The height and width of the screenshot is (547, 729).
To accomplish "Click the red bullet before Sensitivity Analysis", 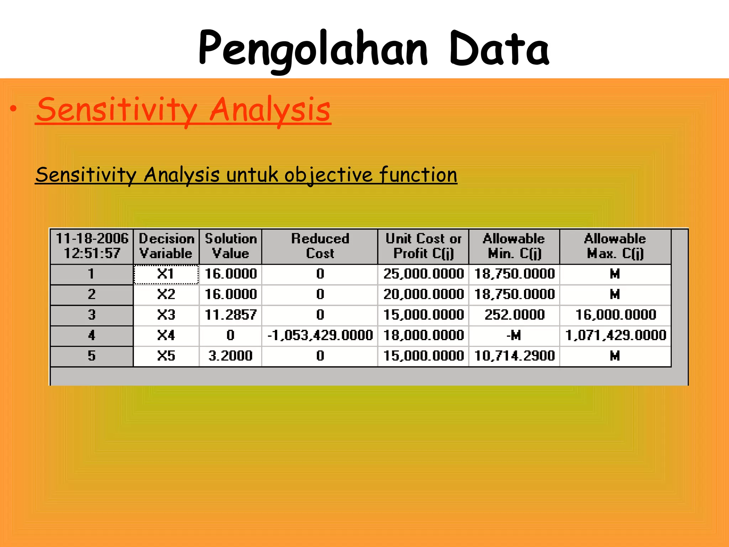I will (13, 109).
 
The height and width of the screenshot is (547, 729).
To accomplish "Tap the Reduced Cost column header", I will (320, 246).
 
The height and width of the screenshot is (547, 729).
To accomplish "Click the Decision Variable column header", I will (166, 246).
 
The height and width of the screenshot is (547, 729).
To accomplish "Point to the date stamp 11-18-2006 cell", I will (92, 246).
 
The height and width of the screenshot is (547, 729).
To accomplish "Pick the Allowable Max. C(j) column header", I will (615, 246).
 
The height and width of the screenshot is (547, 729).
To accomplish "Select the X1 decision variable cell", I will (166, 274).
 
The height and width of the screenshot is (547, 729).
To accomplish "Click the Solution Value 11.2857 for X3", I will (231, 315).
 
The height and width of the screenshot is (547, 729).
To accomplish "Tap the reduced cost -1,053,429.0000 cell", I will (320, 335).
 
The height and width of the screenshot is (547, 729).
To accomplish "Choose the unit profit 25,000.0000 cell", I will (423, 274).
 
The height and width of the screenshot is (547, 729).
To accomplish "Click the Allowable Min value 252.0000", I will (514, 315).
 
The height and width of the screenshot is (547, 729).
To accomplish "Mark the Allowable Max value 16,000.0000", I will (615, 315).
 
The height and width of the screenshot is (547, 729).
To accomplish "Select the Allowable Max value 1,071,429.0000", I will (615, 335).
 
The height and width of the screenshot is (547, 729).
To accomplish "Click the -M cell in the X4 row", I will (514, 335).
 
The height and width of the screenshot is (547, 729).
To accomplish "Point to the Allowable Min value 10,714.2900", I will (514, 356).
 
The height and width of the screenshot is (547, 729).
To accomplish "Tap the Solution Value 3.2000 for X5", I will (231, 356).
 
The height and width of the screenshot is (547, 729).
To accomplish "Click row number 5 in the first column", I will (92, 356).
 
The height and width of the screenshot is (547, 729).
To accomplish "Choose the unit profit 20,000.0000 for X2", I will (423, 294).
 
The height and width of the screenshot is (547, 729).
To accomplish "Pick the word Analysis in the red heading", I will (270, 110).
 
